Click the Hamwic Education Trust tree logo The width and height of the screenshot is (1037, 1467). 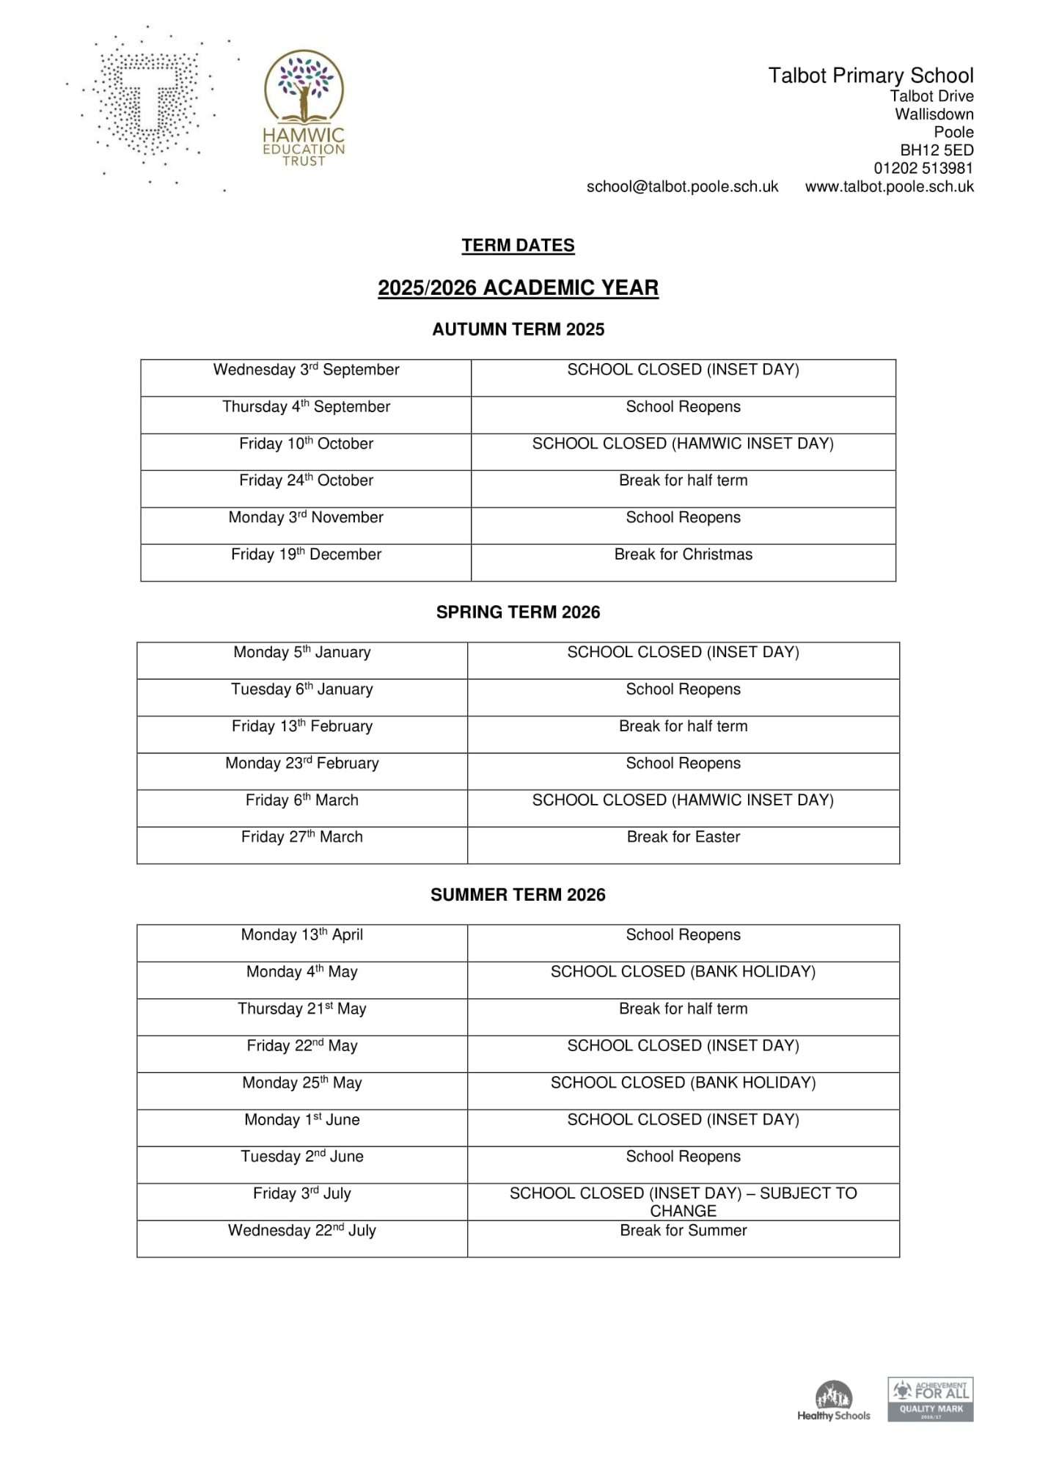point(304,108)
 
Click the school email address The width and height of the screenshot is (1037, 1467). point(682,187)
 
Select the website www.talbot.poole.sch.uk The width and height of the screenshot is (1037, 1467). point(889,187)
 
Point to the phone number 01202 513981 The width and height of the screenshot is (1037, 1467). point(923,168)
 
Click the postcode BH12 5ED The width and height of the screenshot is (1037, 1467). point(937,150)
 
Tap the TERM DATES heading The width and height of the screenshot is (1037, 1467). point(518,246)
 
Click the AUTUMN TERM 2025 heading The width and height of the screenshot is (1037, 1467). point(518,329)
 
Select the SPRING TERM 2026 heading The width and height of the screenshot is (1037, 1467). point(518,612)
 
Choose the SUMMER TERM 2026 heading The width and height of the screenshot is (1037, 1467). point(518,895)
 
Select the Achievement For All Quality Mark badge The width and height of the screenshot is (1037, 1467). point(930,1400)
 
